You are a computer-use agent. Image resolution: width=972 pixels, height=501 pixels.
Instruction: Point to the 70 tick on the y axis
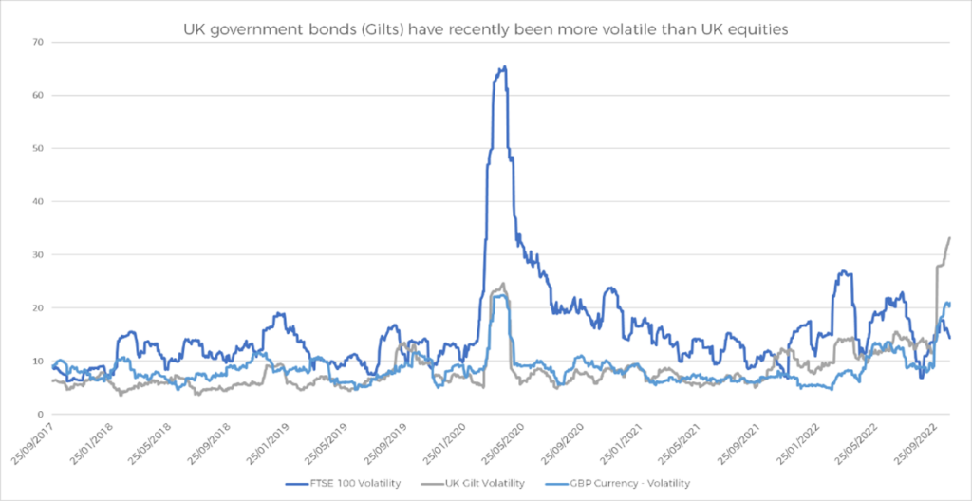click(38, 43)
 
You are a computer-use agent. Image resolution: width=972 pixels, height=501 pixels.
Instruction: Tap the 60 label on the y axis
click(38, 96)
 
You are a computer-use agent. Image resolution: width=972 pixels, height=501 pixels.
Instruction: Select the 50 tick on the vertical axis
click(38, 149)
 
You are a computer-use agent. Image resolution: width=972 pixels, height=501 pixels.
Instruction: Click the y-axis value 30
click(38, 255)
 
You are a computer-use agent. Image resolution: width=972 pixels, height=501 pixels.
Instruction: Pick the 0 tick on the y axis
click(41, 415)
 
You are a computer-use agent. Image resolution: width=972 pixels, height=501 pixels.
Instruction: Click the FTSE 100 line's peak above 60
click(504, 67)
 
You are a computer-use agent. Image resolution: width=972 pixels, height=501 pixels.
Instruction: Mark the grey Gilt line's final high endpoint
click(950, 237)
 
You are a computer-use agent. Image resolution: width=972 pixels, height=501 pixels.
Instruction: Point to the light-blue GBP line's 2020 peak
click(501, 296)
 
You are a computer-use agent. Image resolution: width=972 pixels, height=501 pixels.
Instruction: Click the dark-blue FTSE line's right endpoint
click(950, 338)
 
